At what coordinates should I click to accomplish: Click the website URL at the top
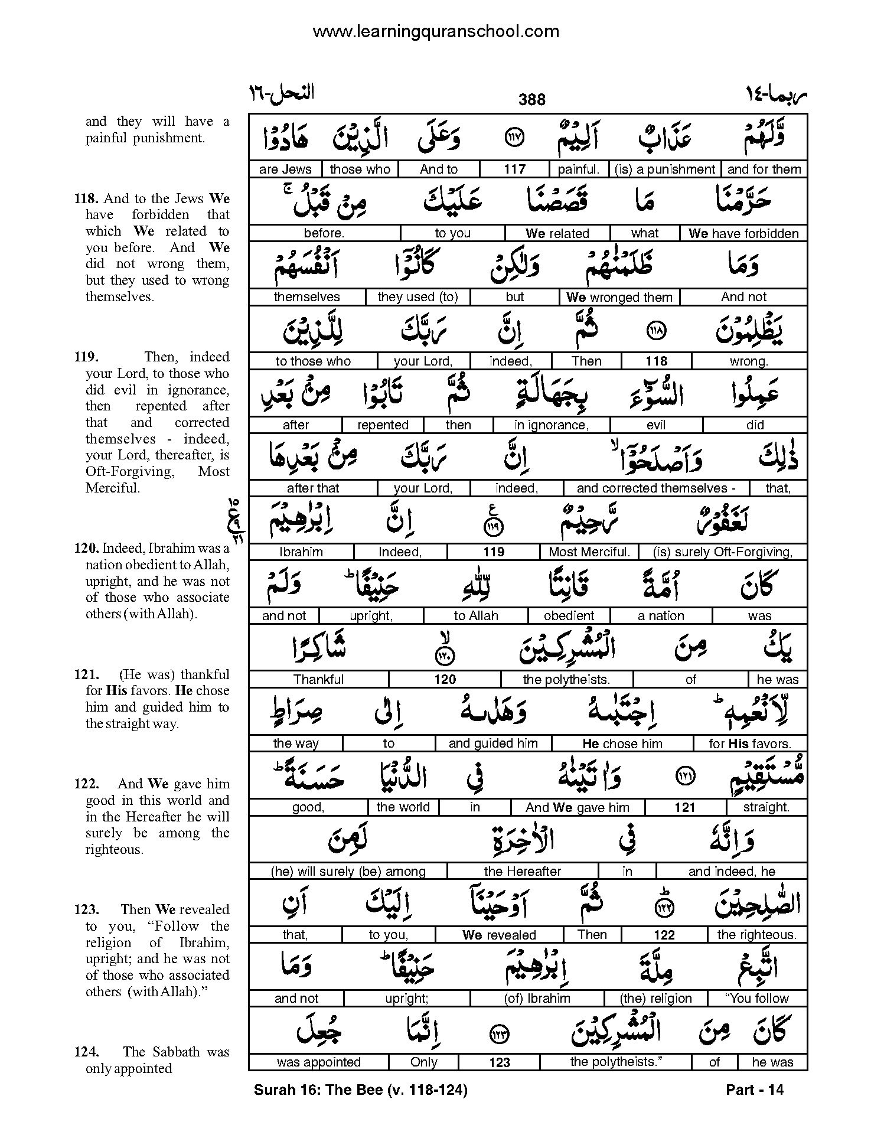click(435, 31)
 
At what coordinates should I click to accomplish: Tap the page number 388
click(531, 100)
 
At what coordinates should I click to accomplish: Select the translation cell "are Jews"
click(285, 169)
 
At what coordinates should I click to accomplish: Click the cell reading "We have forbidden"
click(743, 233)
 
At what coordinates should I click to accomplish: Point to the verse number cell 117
click(514, 169)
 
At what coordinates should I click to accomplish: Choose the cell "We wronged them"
click(619, 297)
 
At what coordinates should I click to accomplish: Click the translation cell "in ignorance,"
click(551, 425)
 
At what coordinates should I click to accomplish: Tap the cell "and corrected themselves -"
click(655, 488)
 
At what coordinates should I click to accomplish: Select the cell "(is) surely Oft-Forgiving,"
click(722, 552)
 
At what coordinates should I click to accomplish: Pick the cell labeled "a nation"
click(661, 616)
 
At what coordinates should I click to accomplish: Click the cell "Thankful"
click(318, 680)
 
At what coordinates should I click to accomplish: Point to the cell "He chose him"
click(622, 743)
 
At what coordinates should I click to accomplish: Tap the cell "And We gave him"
click(577, 807)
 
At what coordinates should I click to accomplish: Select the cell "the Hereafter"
click(522, 871)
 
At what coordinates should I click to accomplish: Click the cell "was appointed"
click(318, 1062)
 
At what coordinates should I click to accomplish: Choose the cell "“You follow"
click(756, 999)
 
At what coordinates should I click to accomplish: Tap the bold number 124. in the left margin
click(86, 1052)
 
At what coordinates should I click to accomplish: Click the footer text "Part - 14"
click(754, 1090)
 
